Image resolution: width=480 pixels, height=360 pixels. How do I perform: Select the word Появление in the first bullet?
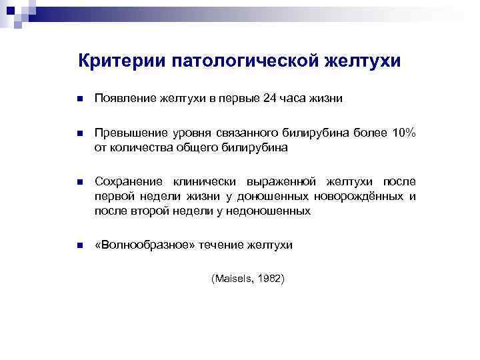point(125,99)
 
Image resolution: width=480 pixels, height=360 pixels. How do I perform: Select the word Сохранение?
point(129,181)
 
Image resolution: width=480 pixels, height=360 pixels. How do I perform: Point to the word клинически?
point(205,181)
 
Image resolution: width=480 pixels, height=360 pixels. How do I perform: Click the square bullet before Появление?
point(79,100)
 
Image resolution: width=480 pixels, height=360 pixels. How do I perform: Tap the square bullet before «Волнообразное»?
point(79,246)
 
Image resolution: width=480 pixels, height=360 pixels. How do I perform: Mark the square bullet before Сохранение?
point(79,181)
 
